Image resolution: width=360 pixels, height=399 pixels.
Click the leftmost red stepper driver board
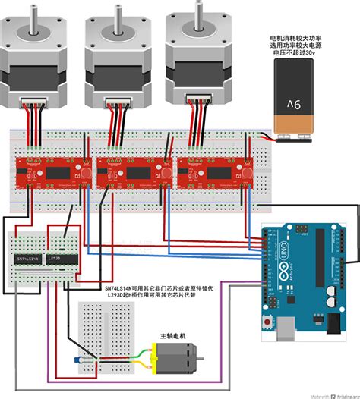pos(48,171)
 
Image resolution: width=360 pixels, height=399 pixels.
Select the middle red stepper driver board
pos(127,171)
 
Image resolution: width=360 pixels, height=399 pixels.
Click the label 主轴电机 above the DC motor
pos(173,336)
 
